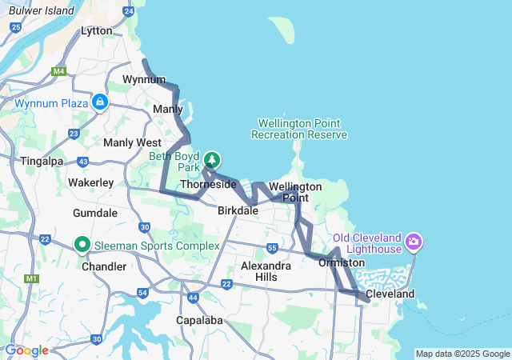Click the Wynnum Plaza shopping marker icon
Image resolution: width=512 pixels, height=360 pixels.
(x=100, y=102)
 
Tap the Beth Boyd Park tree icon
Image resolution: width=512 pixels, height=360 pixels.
(x=211, y=160)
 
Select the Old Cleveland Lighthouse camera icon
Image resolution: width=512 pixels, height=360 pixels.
(x=414, y=241)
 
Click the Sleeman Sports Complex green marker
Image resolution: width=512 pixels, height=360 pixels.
(x=82, y=244)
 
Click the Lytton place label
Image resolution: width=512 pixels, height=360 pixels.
(x=97, y=30)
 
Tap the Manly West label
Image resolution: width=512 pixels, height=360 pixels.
(x=132, y=142)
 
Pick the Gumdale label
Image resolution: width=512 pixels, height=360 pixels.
(x=95, y=214)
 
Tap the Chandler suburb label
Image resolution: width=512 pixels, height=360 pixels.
(x=103, y=266)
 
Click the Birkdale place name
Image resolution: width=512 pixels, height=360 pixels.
(x=238, y=210)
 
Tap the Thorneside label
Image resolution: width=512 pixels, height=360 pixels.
(x=209, y=185)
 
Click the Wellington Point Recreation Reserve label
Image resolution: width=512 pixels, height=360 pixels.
(x=299, y=129)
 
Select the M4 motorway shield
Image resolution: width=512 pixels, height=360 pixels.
(x=58, y=71)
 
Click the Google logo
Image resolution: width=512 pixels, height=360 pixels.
(x=26, y=350)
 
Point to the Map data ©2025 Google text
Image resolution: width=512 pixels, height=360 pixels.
(x=462, y=354)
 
